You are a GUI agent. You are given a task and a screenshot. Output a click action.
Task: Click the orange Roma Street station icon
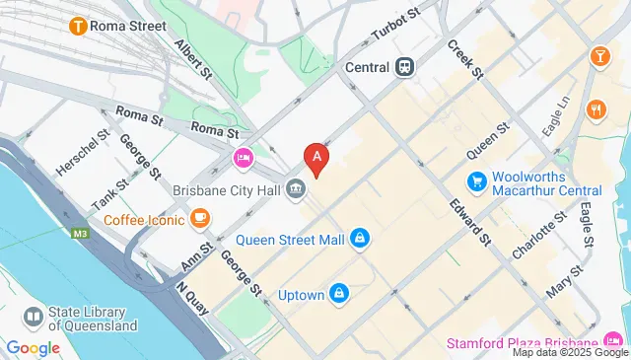click(75, 27)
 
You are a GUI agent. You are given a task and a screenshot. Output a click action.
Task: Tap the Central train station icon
click(404, 67)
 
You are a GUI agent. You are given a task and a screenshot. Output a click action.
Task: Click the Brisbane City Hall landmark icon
click(295, 187)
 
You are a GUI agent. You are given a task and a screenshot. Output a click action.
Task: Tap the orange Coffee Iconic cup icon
click(200, 218)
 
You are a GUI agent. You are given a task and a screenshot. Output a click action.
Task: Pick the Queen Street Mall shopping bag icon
click(361, 238)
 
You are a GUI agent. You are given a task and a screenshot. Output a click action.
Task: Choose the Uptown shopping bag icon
click(338, 294)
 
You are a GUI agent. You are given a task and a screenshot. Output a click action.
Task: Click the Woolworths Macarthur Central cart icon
click(476, 181)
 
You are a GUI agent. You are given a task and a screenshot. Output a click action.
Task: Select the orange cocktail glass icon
click(598, 57)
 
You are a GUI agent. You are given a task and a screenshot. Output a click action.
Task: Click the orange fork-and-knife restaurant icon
click(595, 108)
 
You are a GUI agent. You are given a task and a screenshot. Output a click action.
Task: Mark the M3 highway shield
click(79, 234)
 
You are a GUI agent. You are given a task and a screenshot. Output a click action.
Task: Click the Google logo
click(33, 347)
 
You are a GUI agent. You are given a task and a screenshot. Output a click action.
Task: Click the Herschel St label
click(82, 153)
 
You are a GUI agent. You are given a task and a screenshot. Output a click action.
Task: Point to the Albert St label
click(193, 57)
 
